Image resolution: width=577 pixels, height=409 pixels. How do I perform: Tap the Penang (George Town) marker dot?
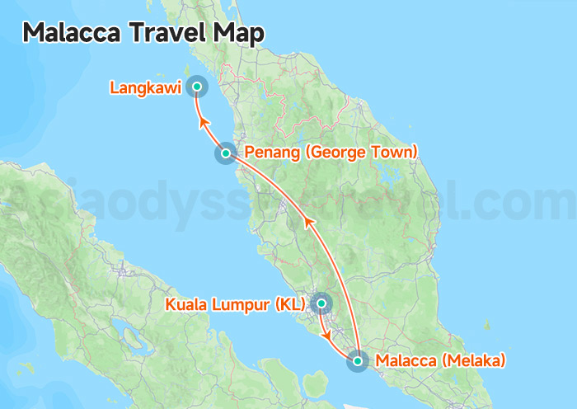tap(225, 153)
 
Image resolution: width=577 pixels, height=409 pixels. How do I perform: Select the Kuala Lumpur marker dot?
tap(321, 303)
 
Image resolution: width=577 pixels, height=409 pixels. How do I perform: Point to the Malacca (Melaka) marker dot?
tap(358, 360)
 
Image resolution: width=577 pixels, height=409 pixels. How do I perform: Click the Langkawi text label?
tap(145, 87)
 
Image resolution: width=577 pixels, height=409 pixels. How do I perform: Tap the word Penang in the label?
tap(268, 153)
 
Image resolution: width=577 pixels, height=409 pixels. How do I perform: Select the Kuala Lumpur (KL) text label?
tap(235, 304)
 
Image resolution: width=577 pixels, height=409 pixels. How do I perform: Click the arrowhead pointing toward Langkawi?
tap(203, 124)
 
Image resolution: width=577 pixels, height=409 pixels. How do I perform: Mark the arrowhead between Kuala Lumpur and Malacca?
tap(330, 337)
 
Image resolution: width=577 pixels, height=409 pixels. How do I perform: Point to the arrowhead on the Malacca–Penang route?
tap(308, 221)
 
